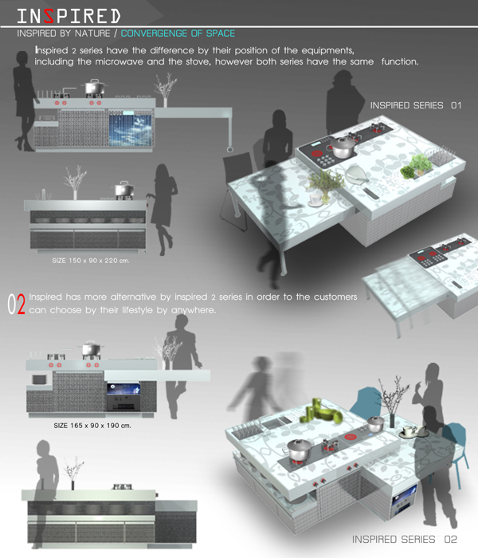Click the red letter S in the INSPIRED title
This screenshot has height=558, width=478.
[49, 17]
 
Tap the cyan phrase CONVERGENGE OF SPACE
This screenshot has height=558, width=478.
[178, 33]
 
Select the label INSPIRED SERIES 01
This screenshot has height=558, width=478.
[415, 105]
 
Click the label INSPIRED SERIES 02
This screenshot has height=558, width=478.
[405, 540]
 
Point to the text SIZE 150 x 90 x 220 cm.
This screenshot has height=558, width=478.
[91, 261]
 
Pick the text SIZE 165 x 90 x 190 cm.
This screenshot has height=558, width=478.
[92, 425]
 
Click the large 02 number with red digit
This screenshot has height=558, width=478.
[17, 305]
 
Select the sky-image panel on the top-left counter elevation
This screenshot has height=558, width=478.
[130, 129]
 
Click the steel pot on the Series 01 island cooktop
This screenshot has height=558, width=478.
[343, 146]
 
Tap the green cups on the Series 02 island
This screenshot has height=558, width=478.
[321, 411]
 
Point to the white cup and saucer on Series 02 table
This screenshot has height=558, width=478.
[413, 432]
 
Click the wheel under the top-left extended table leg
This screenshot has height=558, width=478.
[229, 149]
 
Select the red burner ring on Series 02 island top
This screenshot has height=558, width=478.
[351, 436]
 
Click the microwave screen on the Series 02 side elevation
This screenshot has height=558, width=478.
[123, 389]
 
